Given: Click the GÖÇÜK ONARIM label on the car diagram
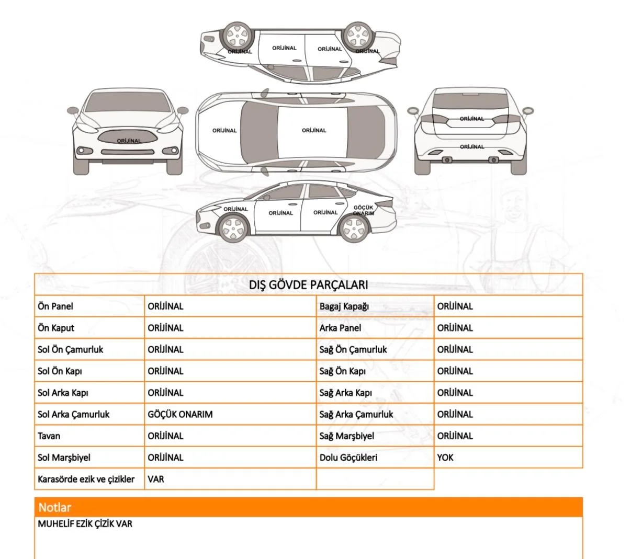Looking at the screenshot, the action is click(363, 210).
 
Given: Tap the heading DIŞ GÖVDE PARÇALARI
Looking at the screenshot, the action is click(308, 285).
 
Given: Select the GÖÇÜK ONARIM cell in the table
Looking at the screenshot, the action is click(180, 414).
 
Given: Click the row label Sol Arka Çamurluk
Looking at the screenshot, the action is click(73, 414).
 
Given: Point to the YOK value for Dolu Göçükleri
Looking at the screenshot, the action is click(445, 458).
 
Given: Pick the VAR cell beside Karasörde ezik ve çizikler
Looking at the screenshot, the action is click(156, 479).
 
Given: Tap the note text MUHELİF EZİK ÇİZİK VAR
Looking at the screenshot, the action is click(85, 523).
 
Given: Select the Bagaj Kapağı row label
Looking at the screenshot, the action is click(344, 306).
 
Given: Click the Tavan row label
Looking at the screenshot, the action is click(49, 436).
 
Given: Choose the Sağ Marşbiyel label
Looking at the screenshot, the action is click(347, 436).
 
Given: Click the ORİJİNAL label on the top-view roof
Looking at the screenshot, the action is click(314, 130).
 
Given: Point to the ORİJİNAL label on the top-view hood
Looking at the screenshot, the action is click(224, 130).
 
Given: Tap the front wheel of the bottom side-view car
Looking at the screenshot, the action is click(233, 228).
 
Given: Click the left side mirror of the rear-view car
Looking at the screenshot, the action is click(413, 110).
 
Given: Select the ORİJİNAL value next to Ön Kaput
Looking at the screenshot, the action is click(165, 328).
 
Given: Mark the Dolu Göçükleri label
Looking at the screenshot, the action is click(348, 458).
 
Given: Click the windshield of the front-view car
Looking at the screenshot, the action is click(128, 102).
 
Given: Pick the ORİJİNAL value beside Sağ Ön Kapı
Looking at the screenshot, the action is click(455, 371).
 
